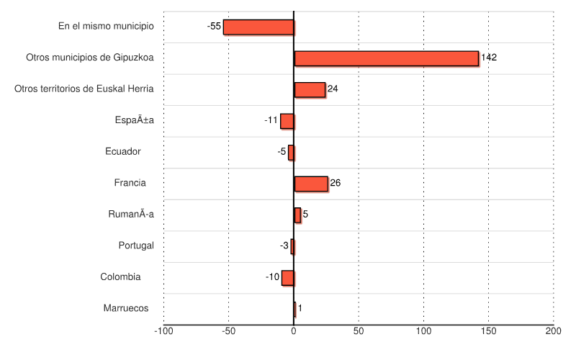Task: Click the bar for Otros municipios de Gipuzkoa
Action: pyautogui.click(x=386, y=58)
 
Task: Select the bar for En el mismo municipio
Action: pyautogui.click(x=258, y=27)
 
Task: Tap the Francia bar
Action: pyautogui.click(x=311, y=184)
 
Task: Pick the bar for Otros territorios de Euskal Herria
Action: pyautogui.click(x=310, y=89)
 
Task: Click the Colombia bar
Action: pyautogui.click(x=288, y=277)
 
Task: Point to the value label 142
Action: pyautogui.click(x=489, y=58)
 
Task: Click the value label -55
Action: pyautogui.click(x=214, y=27)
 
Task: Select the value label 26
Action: pyautogui.click(x=335, y=183)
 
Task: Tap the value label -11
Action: pyautogui.click(x=271, y=120)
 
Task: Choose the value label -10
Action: pyautogui.click(x=272, y=277)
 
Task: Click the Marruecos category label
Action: pyautogui.click(x=126, y=308)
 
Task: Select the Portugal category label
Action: pyautogui.click(x=136, y=246)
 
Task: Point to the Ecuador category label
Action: pyautogui.click(x=122, y=151)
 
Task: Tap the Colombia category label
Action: pyautogui.click(x=120, y=276)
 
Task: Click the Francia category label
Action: pyautogui.click(x=130, y=183)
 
